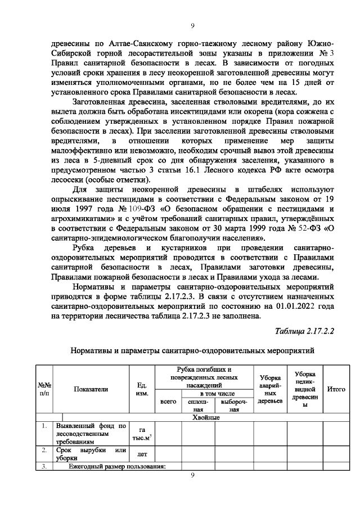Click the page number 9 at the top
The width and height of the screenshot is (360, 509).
coord(192,25)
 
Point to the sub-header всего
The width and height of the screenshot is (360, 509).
coord(169,402)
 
